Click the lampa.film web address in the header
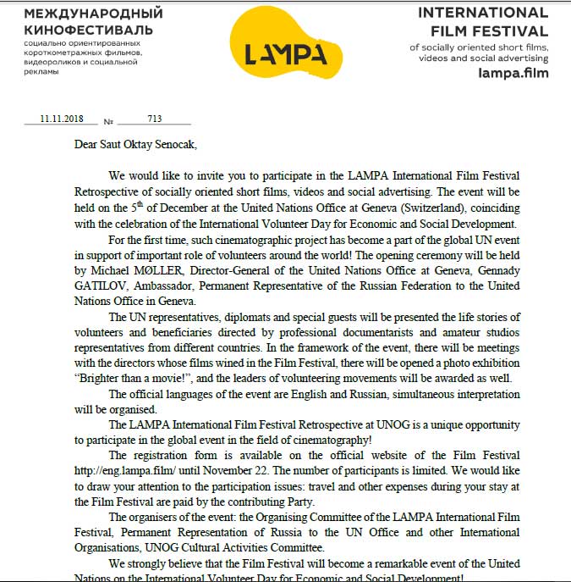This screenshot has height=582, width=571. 513,73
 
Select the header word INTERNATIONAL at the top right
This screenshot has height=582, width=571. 483,13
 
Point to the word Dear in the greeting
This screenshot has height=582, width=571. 87,145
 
